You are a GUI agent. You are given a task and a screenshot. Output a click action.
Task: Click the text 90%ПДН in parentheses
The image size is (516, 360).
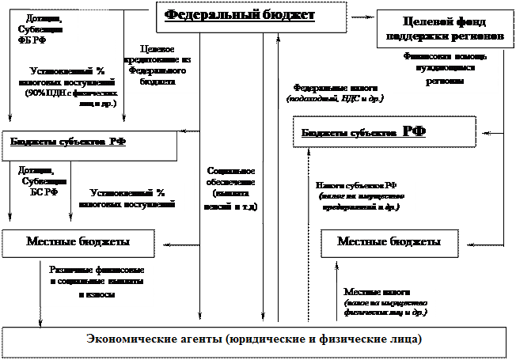pyautogui.click(x=44, y=93)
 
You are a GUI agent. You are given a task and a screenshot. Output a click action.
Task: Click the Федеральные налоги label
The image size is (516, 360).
pyautogui.click(x=336, y=89)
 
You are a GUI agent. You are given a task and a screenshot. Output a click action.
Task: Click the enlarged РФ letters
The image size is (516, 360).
pyautogui.click(x=415, y=131)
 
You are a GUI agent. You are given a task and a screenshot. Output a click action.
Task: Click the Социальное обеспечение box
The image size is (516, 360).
pyautogui.click(x=230, y=188)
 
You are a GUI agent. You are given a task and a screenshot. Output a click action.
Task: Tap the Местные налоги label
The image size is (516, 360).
pyautogui.click(x=385, y=293)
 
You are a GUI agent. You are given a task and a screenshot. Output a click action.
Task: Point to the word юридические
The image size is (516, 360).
pyautogui.click(x=258, y=339)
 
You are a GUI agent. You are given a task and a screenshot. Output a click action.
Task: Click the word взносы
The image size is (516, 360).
pyautogui.click(x=101, y=294)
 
